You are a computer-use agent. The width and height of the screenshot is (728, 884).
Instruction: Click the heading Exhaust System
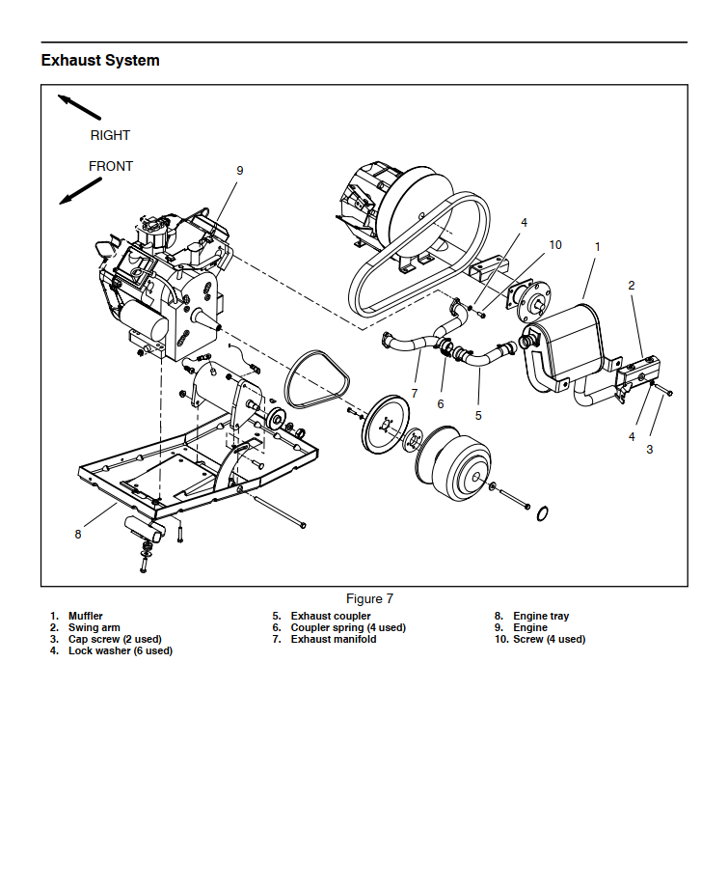click(100, 61)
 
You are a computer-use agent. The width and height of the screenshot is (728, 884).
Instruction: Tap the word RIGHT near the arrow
click(110, 136)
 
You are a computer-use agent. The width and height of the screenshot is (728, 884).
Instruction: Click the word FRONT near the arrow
click(111, 167)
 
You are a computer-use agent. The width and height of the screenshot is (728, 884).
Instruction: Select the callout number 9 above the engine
click(240, 171)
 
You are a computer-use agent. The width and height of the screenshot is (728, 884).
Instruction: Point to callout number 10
click(555, 245)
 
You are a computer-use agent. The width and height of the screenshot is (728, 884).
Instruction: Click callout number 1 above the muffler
click(597, 247)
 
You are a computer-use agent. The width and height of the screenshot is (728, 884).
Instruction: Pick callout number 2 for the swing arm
click(632, 286)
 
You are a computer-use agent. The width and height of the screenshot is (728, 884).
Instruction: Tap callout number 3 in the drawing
click(650, 449)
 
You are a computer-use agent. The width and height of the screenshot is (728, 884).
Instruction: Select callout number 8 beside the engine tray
click(78, 535)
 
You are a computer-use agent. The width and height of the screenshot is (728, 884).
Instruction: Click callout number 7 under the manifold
click(415, 394)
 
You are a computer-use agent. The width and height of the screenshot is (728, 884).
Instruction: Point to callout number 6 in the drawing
click(441, 404)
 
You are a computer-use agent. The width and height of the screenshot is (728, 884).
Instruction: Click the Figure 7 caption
click(364, 599)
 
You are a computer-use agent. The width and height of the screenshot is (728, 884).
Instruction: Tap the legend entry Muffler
click(86, 617)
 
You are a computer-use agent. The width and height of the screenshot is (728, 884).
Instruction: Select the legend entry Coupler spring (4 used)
click(348, 628)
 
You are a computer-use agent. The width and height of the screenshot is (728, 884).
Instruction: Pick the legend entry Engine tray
click(541, 617)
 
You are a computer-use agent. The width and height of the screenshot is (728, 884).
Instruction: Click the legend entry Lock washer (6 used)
click(120, 651)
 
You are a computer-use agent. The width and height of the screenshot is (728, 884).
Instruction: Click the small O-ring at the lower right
click(543, 511)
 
